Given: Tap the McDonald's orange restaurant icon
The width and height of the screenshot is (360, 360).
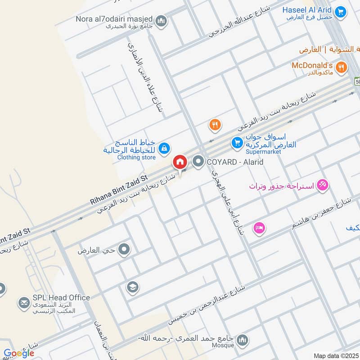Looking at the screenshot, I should point(342,67).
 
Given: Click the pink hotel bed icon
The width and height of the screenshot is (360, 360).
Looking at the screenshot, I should point(259,228).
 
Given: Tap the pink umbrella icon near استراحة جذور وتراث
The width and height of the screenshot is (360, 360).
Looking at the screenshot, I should point(323,184).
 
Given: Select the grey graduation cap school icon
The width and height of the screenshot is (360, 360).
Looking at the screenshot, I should point(132,287).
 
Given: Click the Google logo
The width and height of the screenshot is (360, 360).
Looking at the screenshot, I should point(18,353).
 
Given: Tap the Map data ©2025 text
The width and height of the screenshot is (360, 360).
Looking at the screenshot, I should point(335,355).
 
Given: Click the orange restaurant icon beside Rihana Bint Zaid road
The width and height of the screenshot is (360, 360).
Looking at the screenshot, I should point(216,125).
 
